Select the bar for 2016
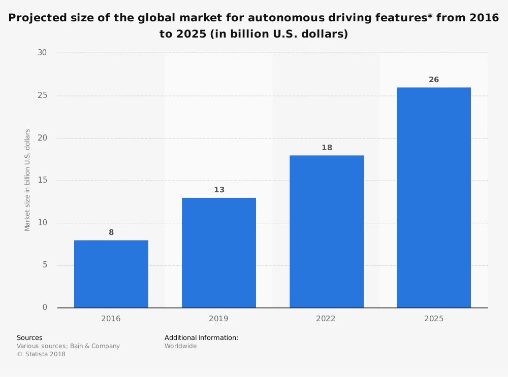click(111, 274)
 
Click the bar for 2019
click(219, 253)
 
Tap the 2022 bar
click(327, 231)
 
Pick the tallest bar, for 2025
click(434, 198)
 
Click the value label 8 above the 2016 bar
click(111, 232)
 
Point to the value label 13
click(219, 190)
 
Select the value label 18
click(327, 148)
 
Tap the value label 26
click(434, 80)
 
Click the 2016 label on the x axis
click(111, 319)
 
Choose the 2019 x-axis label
click(219, 319)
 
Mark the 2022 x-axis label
click(327, 319)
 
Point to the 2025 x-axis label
click(434, 319)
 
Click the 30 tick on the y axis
click(42, 53)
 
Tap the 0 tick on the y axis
click(45, 307)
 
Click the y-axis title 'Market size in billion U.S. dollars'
click(27, 180)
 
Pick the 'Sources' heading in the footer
click(29, 337)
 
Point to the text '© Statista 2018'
click(41, 354)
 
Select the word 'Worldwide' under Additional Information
click(180, 346)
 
